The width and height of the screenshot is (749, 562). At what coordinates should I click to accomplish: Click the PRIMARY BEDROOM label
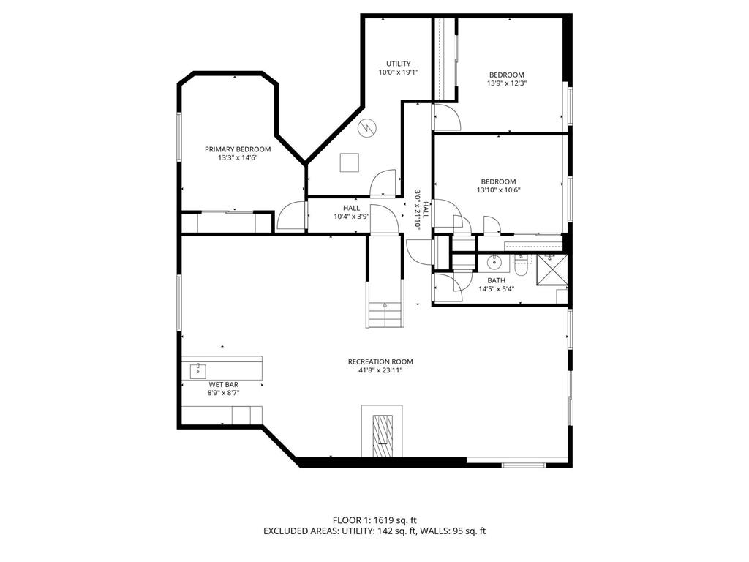pyautogui.click(x=232, y=149)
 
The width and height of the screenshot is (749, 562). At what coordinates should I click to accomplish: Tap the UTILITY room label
pyautogui.click(x=399, y=64)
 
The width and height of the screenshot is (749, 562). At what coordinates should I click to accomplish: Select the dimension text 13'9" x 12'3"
pyautogui.click(x=506, y=83)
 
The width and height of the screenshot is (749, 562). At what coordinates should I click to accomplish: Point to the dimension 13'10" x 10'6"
pyautogui.click(x=498, y=190)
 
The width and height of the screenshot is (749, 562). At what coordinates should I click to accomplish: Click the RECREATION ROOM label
pyautogui.click(x=380, y=361)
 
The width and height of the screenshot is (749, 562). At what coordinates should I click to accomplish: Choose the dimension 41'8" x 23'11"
pyautogui.click(x=380, y=370)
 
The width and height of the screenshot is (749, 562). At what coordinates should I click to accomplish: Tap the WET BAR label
pyautogui.click(x=224, y=384)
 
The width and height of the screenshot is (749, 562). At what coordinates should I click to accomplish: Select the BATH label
pyautogui.click(x=497, y=280)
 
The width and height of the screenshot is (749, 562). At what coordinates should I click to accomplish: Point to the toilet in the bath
pyautogui.click(x=521, y=266)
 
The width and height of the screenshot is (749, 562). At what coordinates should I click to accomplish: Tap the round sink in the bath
pyautogui.click(x=494, y=261)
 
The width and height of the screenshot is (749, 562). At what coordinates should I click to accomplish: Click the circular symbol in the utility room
pyautogui.click(x=366, y=127)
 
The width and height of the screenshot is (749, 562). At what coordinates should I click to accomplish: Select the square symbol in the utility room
pyautogui.click(x=350, y=162)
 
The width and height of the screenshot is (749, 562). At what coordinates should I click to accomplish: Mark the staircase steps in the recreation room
pyautogui.click(x=385, y=315)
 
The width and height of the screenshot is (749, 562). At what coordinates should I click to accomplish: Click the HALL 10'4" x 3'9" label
pyautogui.click(x=352, y=211)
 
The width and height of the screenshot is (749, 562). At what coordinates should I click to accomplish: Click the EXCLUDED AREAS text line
pyautogui.click(x=374, y=531)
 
